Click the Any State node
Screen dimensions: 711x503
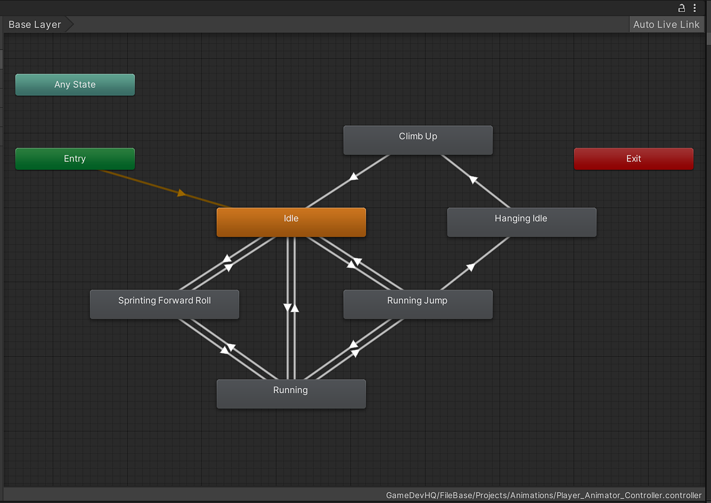(x=75, y=84)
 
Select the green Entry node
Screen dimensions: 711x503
(x=75, y=158)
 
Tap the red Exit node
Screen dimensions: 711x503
(x=633, y=158)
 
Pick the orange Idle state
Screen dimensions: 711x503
(x=291, y=222)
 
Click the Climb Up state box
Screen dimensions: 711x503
(x=418, y=140)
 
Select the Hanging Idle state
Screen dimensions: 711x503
(x=522, y=222)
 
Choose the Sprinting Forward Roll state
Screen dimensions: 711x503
(x=165, y=304)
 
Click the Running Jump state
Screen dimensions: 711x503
(x=418, y=304)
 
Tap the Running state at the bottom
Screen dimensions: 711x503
(x=291, y=394)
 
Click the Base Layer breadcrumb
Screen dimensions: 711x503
(x=34, y=24)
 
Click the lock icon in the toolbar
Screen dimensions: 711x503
(x=681, y=8)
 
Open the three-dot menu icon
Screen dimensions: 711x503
(x=695, y=8)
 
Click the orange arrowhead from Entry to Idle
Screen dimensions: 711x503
(x=181, y=193)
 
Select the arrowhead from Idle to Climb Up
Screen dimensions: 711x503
(x=354, y=176)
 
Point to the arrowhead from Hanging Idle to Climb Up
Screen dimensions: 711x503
(x=473, y=180)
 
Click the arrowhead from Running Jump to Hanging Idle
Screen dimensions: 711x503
(x=470, y=268)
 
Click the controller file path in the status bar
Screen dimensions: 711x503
(x=543, y=495)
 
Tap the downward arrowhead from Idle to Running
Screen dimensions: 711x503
(x=287, y=307)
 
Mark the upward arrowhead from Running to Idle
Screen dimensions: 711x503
(x=295, y=308)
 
